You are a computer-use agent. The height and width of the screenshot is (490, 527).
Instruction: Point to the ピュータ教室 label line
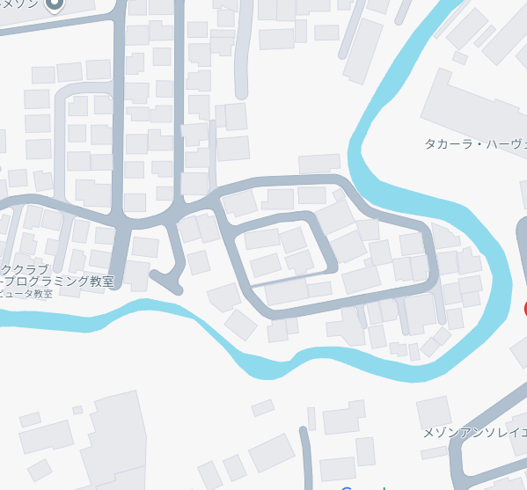click(x=26, y=294)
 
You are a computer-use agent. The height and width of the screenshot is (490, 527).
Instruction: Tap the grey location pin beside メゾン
click(x=55, y=5)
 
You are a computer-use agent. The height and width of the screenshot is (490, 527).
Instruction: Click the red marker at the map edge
click(x=524, y=309)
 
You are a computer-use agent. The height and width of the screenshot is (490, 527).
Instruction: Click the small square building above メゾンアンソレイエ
click(x=433, y=411)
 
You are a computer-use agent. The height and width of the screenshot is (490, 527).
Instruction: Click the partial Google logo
click(x=356, y=486)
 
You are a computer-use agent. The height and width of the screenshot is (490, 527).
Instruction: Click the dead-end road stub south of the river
click(x=305, y=457)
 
